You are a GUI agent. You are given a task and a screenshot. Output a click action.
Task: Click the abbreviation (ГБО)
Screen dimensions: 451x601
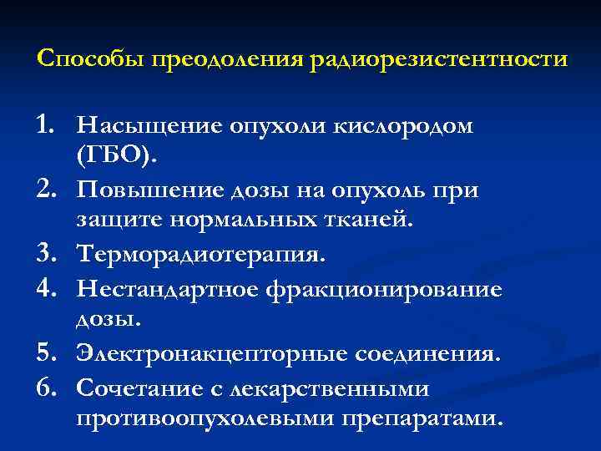114,158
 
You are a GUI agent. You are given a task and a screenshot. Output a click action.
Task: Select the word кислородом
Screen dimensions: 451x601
402,125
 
